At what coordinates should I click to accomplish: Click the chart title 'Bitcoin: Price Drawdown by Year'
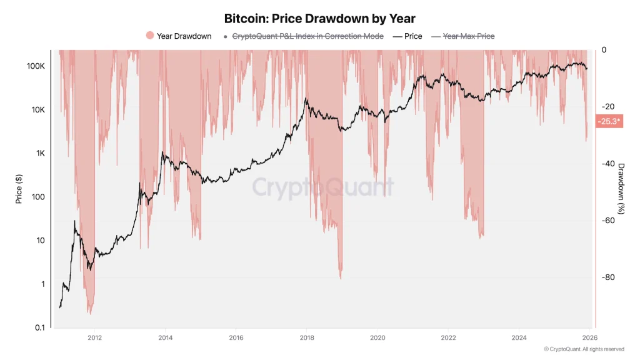(x=319, y=19)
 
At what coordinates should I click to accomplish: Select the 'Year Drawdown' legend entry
(x=179, y=36)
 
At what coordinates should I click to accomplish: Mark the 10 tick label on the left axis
(x=40, y=241)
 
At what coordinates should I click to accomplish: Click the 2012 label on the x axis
(x=95, y=338)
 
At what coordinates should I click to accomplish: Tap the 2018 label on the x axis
(x=307, y=338)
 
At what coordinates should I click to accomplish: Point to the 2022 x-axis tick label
(x=448, y=338)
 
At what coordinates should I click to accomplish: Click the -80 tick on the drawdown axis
(x=609, y=277)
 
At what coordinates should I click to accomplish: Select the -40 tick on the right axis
(x=609, y=164)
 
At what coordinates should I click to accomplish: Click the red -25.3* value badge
(x=609, y=121)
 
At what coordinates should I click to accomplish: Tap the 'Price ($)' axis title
(x=19, y=189)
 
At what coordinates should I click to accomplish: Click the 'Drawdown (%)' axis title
(x=621, y=189)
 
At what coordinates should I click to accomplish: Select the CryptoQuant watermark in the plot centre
(x=323, y=187)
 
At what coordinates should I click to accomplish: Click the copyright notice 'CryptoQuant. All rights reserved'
(x=584, y=349)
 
